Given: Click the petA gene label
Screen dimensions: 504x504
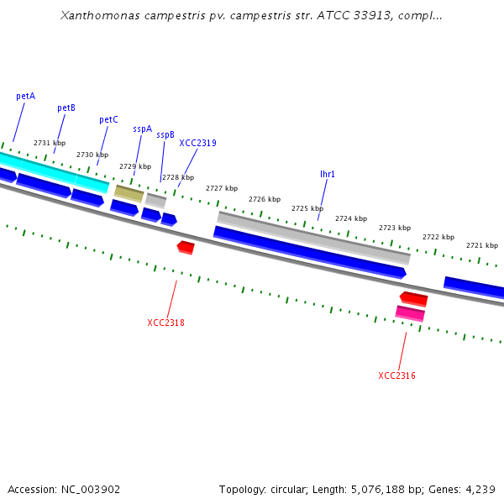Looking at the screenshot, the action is [26, 96].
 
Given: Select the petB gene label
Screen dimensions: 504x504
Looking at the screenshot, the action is [66, 108].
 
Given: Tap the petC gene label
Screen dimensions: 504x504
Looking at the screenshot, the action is [108, 119].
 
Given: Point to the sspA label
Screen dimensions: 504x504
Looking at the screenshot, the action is [143, 129].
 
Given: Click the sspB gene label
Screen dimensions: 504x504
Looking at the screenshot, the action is [165, 134].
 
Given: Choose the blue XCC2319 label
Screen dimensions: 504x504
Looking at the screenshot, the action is [197, 143].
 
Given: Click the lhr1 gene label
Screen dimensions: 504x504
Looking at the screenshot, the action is [328, 174].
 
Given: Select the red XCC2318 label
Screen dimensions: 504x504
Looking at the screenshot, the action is [165, 323].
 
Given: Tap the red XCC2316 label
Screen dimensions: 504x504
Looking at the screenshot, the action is [396, 375].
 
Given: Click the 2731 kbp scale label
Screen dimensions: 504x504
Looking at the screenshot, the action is [50, 143].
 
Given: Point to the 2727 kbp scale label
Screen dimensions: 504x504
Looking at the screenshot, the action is [222, 188].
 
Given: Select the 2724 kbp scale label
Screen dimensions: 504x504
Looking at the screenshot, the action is [351, 218].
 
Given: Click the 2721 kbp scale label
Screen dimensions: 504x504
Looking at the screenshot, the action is [482, 245].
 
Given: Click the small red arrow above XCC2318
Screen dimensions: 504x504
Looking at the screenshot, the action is [186, 247].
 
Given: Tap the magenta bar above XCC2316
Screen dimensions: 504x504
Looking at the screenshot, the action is [410, 313].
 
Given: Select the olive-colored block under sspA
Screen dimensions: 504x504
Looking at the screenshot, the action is [129, 193].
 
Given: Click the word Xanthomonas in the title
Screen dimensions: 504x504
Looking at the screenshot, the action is [98, 16].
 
